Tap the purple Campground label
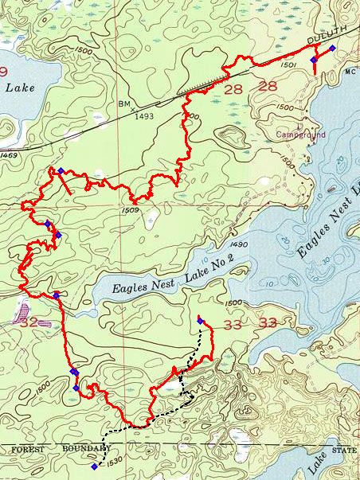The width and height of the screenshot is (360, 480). click(x=298, y=135)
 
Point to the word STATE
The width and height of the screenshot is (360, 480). click(x=345, y=451)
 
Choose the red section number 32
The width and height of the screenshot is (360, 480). click(x=29, y=322)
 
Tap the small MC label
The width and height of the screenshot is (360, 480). click(x=350, y=70)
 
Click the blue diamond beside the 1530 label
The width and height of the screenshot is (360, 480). click(x=96, y=466)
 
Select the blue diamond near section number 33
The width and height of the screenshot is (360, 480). click(x=200, y=321)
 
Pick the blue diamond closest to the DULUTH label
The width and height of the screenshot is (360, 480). click(x=331, y=49)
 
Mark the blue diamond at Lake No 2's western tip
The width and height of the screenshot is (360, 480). click(x=57, y=295)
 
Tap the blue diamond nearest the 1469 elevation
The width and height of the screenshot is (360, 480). click(x=60, y=171)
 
